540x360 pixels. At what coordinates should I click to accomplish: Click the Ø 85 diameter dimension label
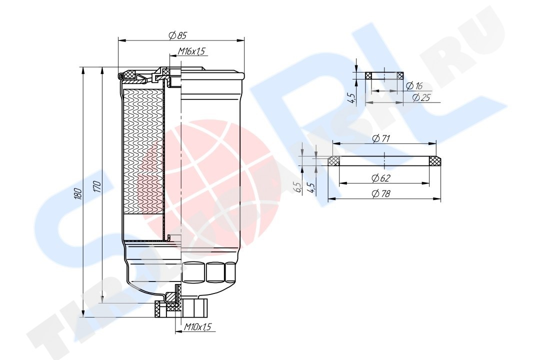(177, 35)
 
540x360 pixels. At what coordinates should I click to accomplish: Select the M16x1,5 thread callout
(191, 51)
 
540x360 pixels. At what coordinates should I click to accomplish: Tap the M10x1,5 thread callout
(197, 326)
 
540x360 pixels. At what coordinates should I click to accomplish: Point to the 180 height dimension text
(78, 193)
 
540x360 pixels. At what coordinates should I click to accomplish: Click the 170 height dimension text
(97, 186)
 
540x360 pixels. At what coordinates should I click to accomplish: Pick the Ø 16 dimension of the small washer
(414, 86)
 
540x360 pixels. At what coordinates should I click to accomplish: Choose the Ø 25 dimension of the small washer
(421, 97)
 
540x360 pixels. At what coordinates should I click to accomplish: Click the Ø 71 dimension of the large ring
(381, 138)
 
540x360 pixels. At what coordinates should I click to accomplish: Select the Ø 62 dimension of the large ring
(381, 178)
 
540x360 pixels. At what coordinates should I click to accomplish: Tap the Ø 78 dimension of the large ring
(381, 193)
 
